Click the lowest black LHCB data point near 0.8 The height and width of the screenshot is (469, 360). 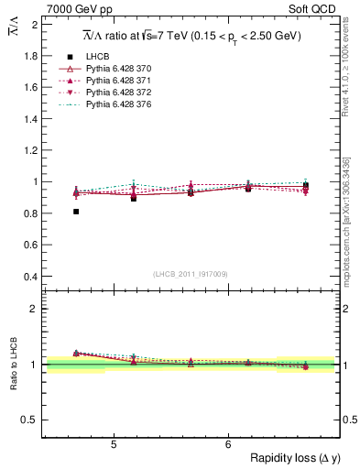[76, 212]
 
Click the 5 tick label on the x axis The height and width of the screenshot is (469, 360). [113, 445]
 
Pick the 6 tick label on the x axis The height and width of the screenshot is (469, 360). [228, 445]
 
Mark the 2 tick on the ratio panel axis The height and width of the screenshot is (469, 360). [35, 309]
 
